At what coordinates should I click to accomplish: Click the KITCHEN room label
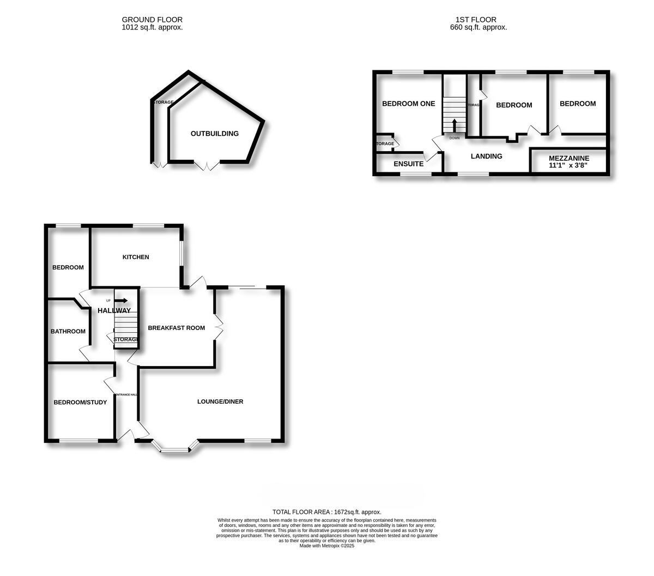(136, 257)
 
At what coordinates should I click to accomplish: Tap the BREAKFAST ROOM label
(177, 328)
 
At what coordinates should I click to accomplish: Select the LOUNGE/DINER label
(220, 401)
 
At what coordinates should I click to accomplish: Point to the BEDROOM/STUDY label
(80, 403)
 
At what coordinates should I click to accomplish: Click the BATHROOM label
(68, 331)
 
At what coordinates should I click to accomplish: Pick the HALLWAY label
(114, 310)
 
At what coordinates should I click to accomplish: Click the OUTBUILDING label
(215, 133)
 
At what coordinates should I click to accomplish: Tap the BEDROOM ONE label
(408, 104)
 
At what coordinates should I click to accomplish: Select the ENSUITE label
(408, 164)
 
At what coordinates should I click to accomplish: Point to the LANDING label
(486, 156)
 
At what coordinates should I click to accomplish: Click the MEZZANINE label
(569, 158)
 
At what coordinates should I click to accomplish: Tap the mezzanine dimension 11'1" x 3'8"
(569, 165)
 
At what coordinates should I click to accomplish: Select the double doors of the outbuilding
(207, 165)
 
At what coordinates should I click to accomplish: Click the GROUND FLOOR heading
(152, 20)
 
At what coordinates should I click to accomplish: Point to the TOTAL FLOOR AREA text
(327, 512)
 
